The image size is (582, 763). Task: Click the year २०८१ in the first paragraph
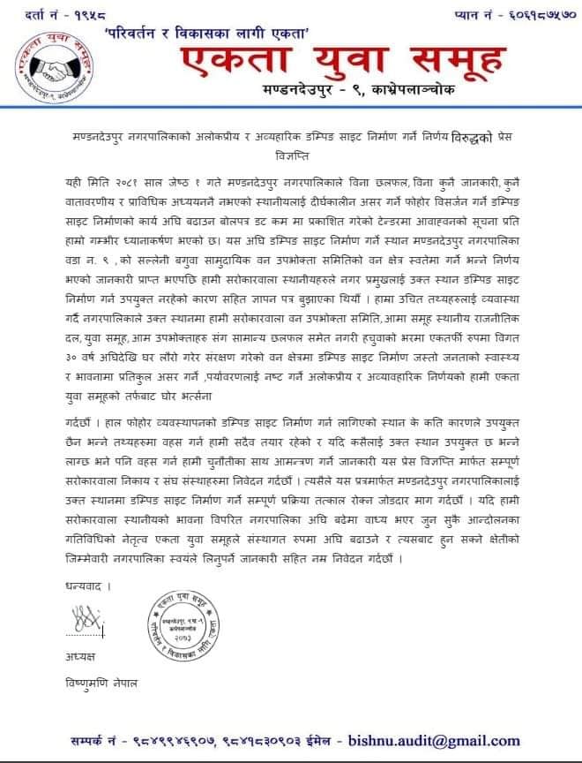point(123,182)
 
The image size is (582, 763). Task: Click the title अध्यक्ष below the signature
point(79,658)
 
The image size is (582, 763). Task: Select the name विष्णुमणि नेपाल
point(103,684)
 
